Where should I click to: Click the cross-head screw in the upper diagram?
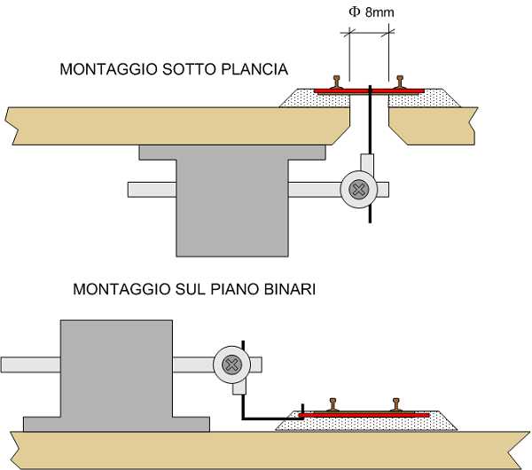pyautogui.click(x=359, y=189)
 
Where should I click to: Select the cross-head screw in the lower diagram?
pyautogui.click(x=231, y=364)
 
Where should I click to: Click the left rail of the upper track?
pyautogui.click(x=336, y=82)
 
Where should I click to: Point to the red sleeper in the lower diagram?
pyautogui.click(x=364, y=414)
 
